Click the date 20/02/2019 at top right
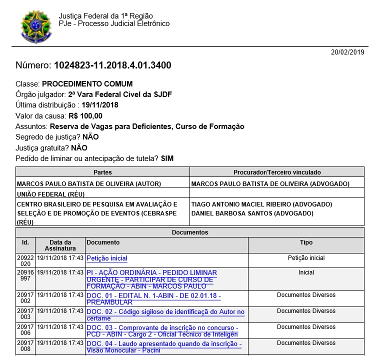coord(348,52)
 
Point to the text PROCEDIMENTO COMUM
coord(87,83)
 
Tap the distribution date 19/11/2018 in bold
coord(100,104)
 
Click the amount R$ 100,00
coord(85,115)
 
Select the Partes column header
coord(102,172)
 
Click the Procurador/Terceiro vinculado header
coord(277,172)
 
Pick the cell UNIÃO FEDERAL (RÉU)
coord(50,193)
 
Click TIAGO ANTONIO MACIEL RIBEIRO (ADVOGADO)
coord(261,204)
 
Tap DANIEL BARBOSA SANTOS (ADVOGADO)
coord(252,213)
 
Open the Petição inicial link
coord(107,258)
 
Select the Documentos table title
coord(190,232)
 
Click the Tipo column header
coord(306,242)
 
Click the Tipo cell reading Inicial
coord(306,272)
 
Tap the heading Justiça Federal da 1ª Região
coord(105,15)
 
